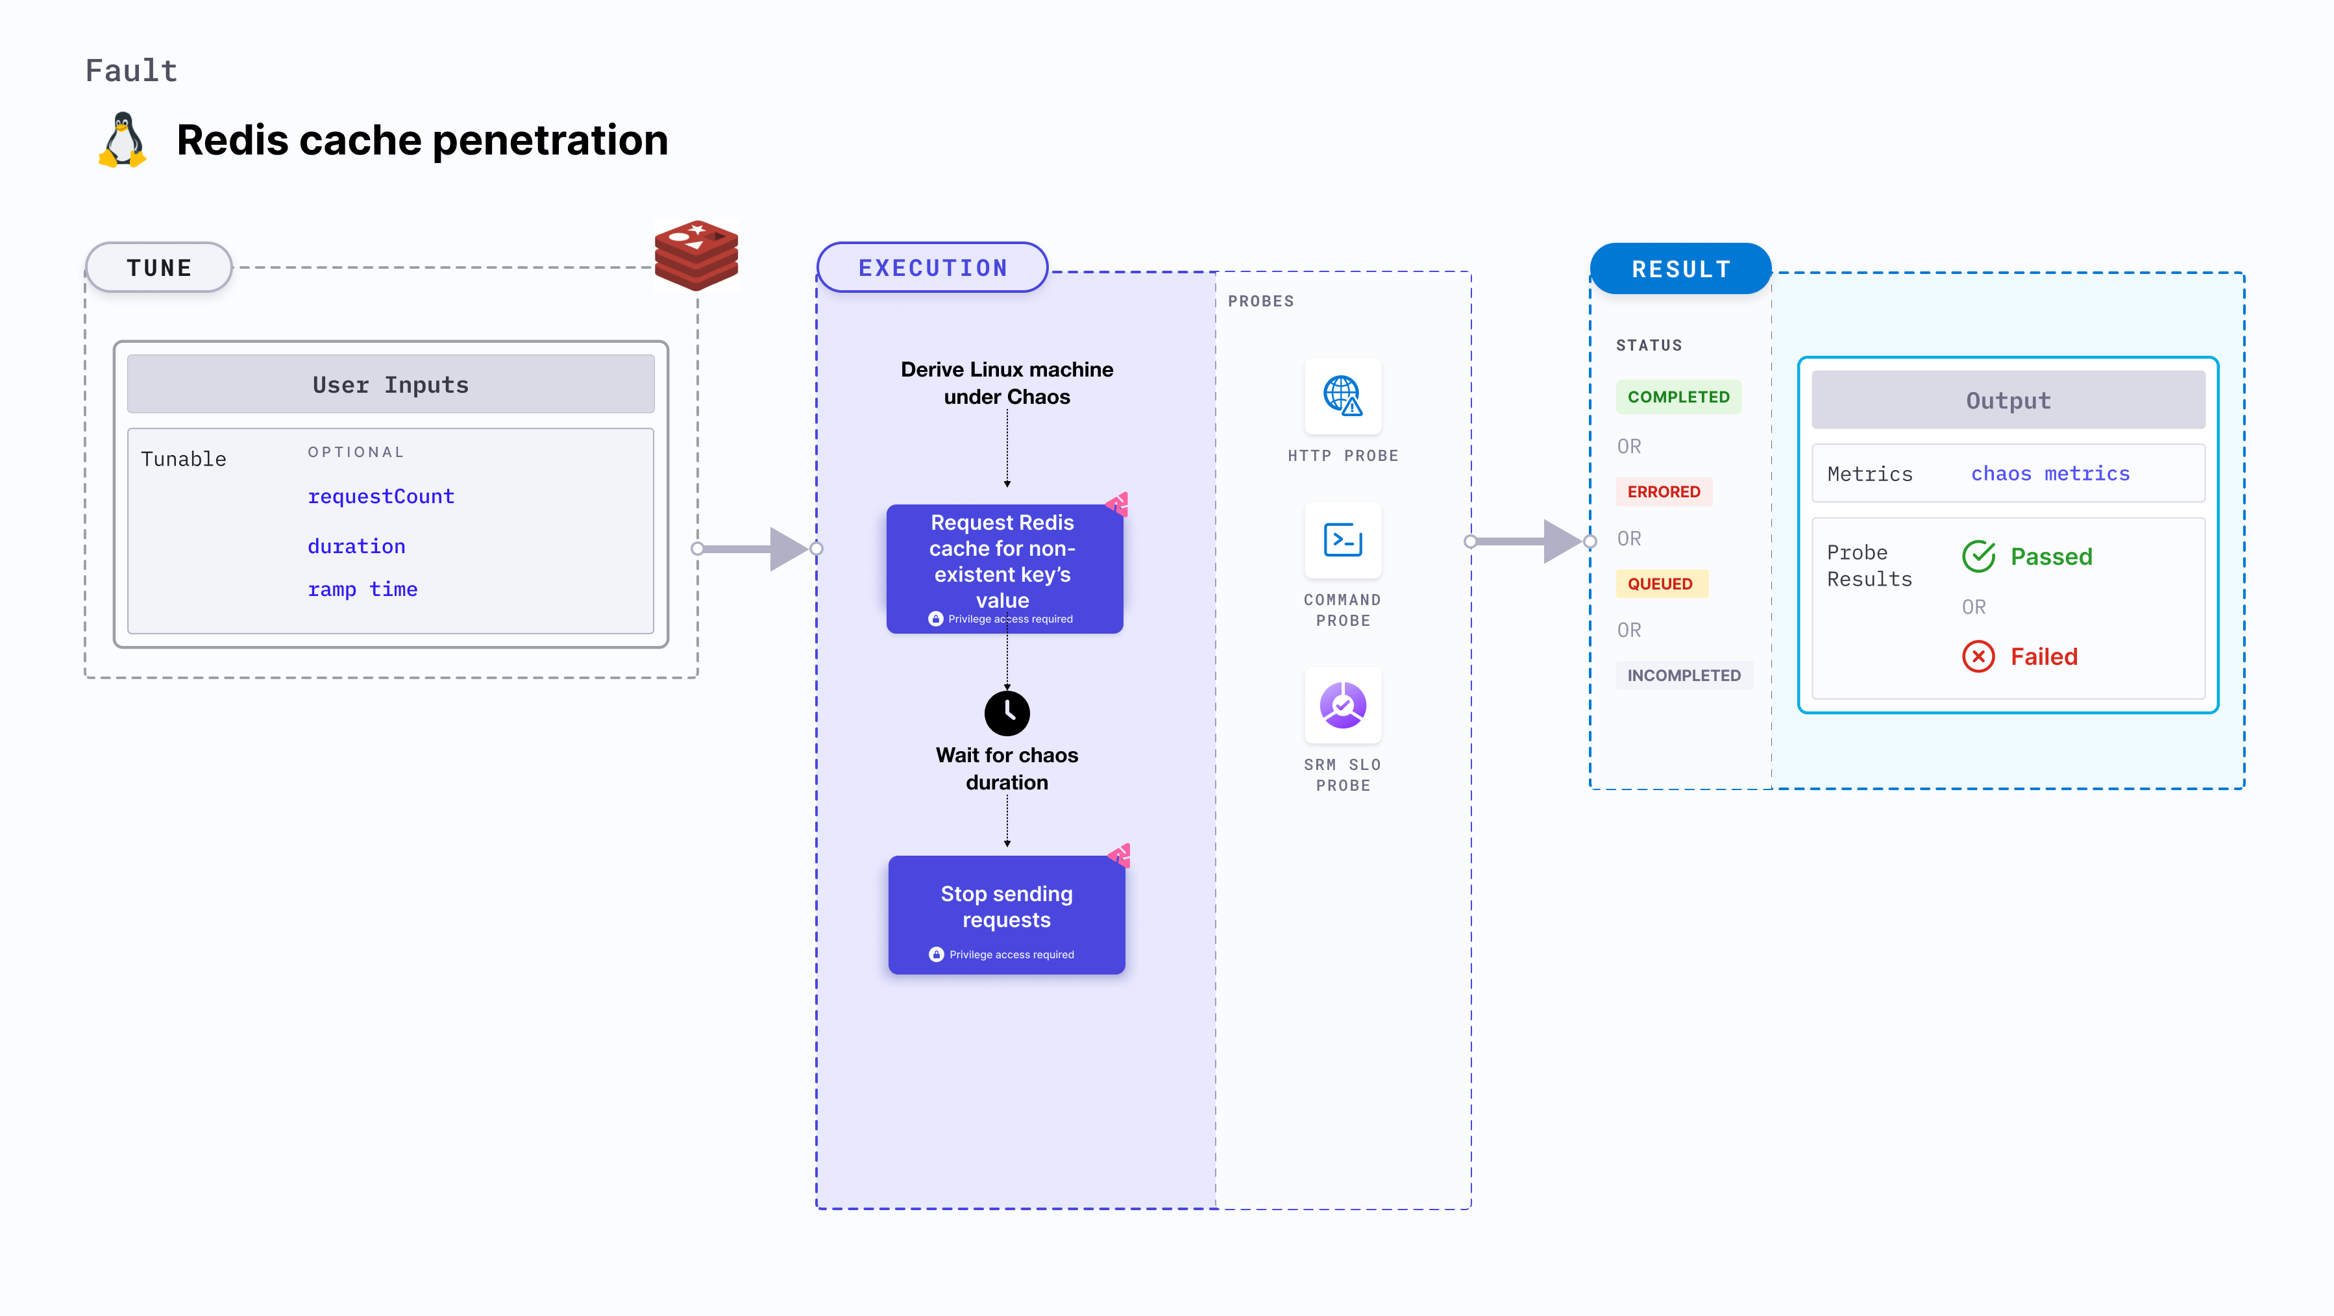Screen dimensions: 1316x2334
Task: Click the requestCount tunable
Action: tap(380, 497)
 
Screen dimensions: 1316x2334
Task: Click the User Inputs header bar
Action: tap(391, 384)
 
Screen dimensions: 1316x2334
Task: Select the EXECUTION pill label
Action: tap(932, 267)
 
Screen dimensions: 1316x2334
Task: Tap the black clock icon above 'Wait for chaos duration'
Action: tap(1007, 714)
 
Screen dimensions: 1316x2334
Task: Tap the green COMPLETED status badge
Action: tap(1678, 397)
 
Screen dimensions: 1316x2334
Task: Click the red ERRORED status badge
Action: tap(1664, 491)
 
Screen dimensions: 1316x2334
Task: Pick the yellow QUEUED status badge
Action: tap(1660, 584)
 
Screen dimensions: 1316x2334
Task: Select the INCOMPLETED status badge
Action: tap(1684, 675)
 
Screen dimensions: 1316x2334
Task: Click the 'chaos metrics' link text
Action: tap(2050, 473)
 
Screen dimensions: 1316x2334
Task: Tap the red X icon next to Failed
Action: tap(1978, 656)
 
